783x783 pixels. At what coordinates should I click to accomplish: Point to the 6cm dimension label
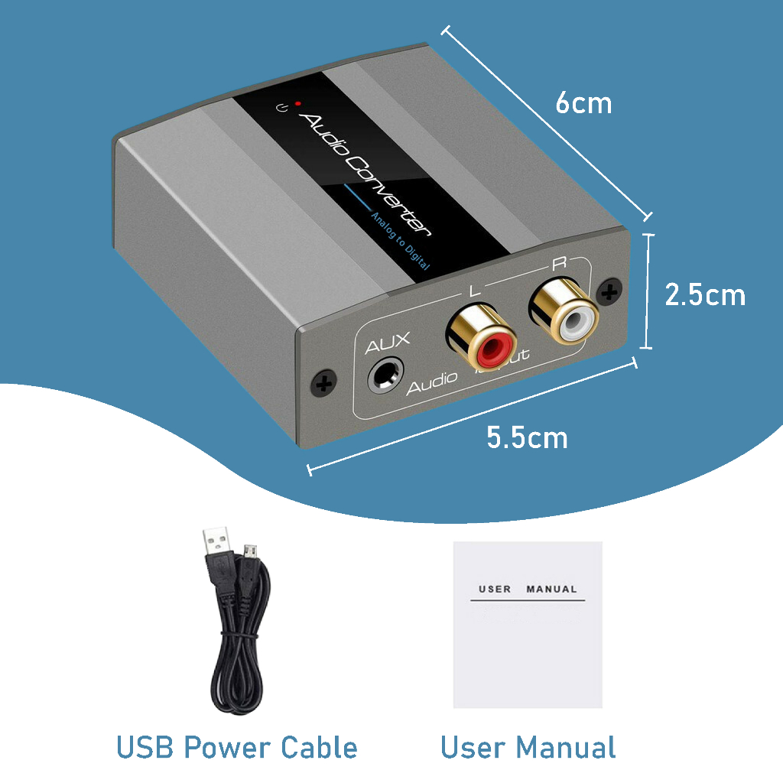tap(583, 103)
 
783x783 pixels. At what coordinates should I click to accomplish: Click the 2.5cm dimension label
tap(704, 294)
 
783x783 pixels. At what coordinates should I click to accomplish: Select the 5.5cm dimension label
tap(527, 438)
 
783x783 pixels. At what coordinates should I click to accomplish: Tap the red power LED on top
tap(297, 103)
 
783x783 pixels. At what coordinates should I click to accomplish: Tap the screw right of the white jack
tap(609, 291)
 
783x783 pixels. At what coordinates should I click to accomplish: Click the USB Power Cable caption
tap(236, 747)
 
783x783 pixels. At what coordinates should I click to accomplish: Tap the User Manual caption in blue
tap(528, 747)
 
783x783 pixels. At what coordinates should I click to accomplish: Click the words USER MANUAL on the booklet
tap(528, 590)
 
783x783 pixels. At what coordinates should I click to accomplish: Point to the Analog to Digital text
tap(400, 243)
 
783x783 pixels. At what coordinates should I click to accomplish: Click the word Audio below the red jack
tap(431, 385)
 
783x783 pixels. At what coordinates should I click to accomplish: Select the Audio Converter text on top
tap(366, 174)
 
